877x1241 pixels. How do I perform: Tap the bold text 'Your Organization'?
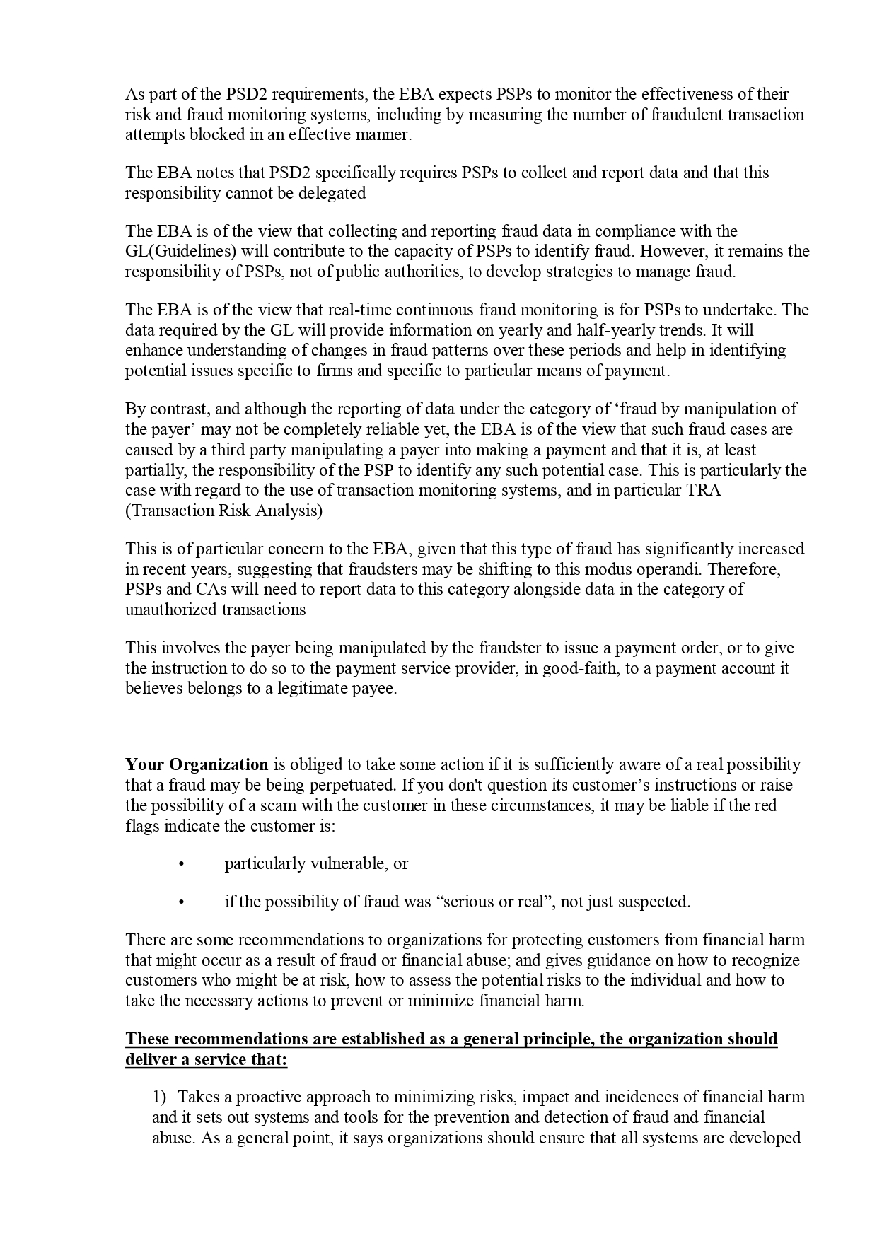(197, 765)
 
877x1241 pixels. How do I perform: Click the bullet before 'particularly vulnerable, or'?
(181, 864)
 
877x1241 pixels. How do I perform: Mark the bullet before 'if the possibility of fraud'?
(181, 902)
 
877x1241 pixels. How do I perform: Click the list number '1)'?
(159, 1097)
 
